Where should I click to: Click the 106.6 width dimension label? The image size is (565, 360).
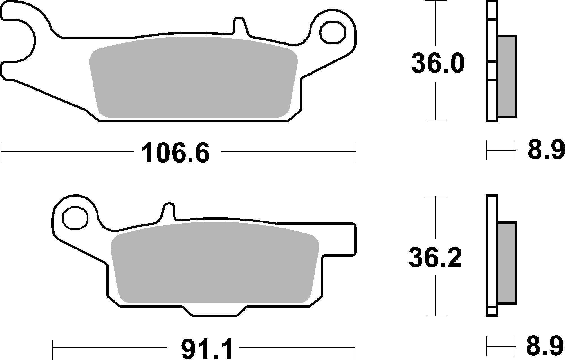[176, 153]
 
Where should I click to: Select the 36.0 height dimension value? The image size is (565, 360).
[437, 64]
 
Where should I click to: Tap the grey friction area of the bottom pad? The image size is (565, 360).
[214, 263]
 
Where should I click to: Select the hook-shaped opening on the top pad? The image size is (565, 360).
[17, 41]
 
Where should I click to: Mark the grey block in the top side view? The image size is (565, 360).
[507, 80]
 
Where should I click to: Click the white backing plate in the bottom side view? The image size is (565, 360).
[491, 253]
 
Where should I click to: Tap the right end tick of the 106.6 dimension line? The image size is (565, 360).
[355, 153]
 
